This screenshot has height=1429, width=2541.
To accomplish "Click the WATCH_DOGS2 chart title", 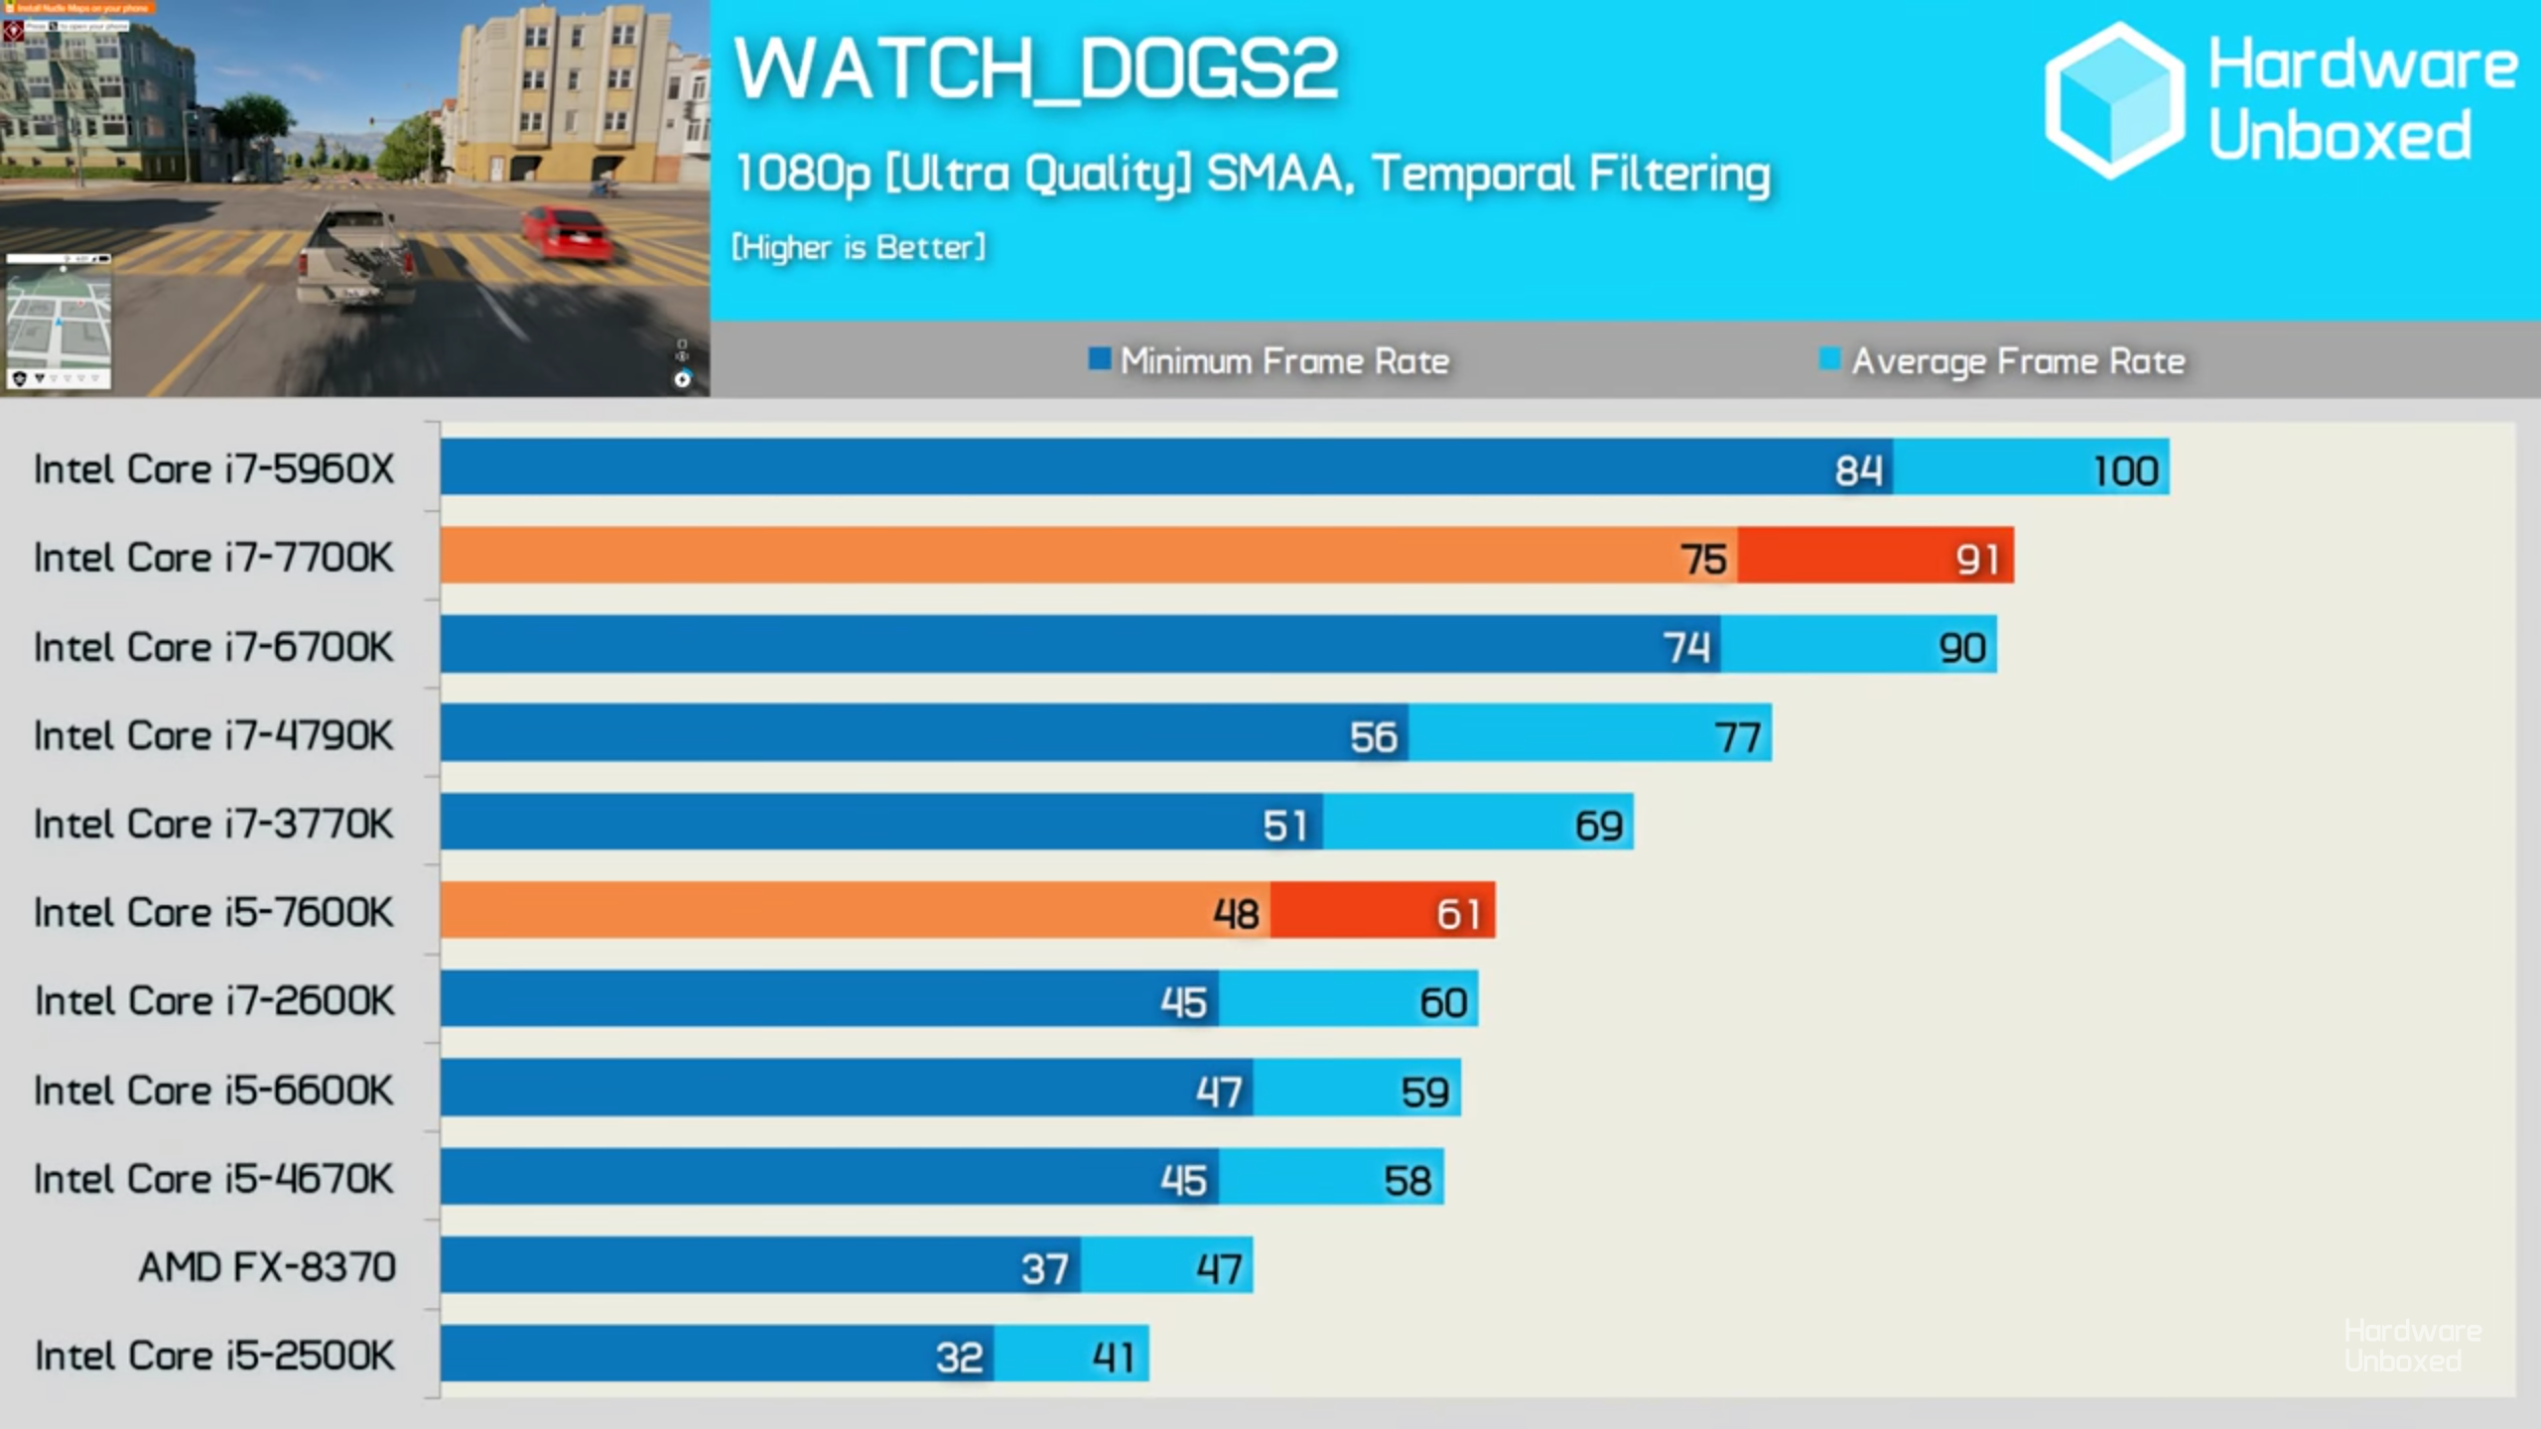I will coord(1036,69).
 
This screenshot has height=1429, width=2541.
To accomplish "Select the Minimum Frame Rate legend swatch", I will coord(1099,358).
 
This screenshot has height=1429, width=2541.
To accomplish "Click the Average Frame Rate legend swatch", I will coord(1829,358).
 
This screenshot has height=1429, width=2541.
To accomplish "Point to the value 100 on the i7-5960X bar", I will coord(2125,470).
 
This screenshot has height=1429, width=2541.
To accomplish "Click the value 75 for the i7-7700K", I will coord(1703,559).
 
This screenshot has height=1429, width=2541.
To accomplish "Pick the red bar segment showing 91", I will coord(1876,556).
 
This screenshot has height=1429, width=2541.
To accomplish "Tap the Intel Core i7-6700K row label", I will coord(213,647).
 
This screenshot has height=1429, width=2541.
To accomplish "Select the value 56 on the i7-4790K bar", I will coord(1373,736).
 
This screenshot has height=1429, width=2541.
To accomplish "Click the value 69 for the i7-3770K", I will coord(1598,826).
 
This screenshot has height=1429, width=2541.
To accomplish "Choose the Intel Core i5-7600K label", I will coord(213,913).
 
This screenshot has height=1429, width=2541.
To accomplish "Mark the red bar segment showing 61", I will coord(1382,911).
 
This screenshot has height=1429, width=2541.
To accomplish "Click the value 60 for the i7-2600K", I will coord(1442,1002).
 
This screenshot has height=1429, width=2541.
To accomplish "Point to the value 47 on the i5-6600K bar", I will coord(1219,1092).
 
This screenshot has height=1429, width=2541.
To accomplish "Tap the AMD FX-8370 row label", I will coord(267,1267).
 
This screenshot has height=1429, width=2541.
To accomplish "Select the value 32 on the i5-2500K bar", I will coord(959,1358).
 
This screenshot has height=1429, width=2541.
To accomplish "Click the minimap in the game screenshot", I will coord(59,320).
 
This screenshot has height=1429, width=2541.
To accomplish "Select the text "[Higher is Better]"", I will coord(859,247).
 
